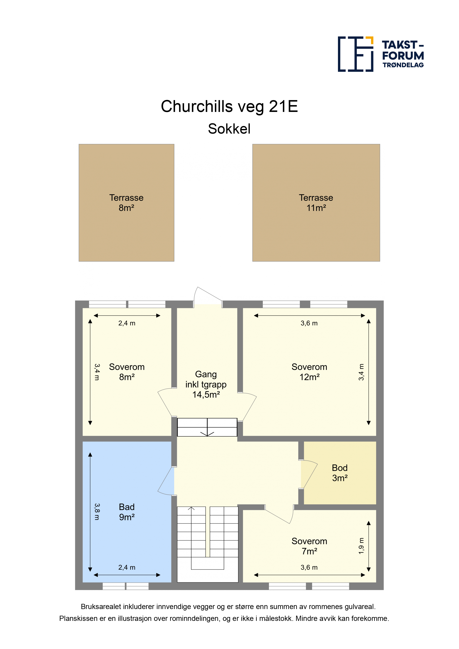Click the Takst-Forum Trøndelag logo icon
[x=356, y=54]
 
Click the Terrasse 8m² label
[x=126, y=203]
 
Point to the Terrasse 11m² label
[x=316, y=203]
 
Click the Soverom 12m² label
[x=309, y=372]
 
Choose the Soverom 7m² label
[x=309, y=546]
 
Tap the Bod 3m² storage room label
[x=340, y=473]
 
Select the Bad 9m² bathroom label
[x=127, y=512]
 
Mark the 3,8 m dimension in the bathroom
[x=97, y=512]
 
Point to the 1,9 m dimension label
[x=361, y=546]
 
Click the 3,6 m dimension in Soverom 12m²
[x=309, y=323]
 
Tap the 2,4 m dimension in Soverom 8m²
[x=127, y=323]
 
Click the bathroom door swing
[x=166, y=481]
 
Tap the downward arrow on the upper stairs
[x=207, y=428]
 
